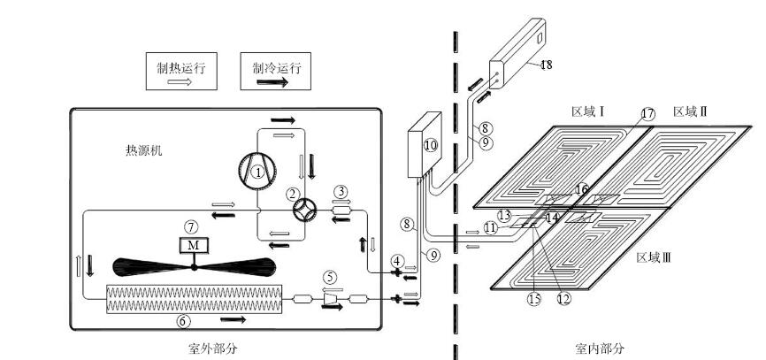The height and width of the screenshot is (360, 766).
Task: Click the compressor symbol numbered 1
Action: coord(257,171)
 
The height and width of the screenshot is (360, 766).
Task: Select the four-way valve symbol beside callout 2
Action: coord(304,211)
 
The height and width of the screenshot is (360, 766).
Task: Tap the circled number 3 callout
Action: coord(341,191)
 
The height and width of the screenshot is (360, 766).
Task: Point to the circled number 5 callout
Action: coord(331,278)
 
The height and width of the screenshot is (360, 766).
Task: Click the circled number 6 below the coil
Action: coord(184,321)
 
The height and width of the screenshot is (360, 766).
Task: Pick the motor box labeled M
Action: coord(194,245)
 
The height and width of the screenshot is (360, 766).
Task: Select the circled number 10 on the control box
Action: coord(431,145)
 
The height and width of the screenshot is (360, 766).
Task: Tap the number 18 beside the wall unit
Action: coord(546,65)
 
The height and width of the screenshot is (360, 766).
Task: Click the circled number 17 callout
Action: coord(647,114)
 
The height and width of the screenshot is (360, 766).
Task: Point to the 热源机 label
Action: coord(143,150)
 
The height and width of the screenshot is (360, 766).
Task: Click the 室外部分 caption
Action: coord(213,349)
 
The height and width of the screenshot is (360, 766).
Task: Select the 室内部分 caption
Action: coord(600,349)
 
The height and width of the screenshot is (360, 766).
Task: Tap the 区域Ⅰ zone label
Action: coord(589,111)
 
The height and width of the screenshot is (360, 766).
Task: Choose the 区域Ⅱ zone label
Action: coord(690,111)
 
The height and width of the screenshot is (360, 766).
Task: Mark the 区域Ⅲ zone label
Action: coord(654,257)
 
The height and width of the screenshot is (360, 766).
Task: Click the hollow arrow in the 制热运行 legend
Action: coord(180,81)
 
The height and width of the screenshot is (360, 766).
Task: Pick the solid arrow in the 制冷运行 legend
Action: coord(272,82)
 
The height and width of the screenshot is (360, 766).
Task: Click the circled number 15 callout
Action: coord(534,298)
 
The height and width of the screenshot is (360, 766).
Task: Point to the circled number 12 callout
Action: coord(563,298)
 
